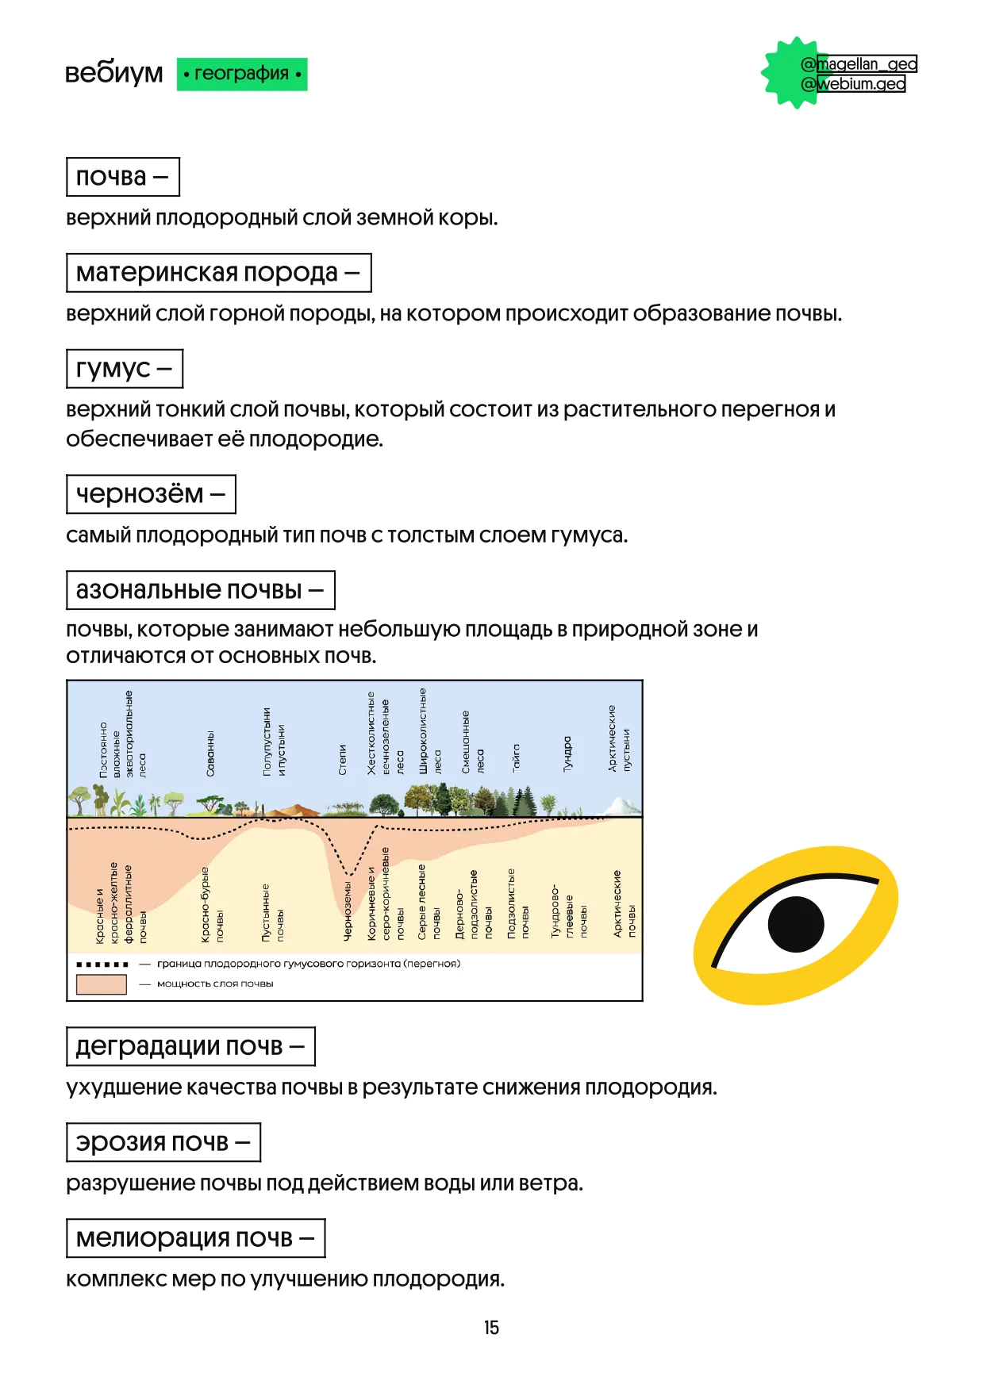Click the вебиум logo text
[x=113, y=73]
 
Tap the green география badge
[x=241, y=74]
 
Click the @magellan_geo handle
[x=859, y=63]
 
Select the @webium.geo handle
[x=854, y=83]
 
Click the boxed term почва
[x=122, y=177]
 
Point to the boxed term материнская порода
[x=218, y=273]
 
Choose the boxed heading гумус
[x=124, y=369]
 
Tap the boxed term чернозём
[x=151, y=494]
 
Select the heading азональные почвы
[x=200, y=590]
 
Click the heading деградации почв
[x=190, y=1046]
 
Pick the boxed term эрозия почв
[x=163, y=1142]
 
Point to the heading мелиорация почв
[x=195, y=1238]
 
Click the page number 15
[x=491, y=1328]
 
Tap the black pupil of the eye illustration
[x=796, y=924]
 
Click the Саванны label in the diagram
[x=210, y=754]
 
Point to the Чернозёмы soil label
[x=348, y=911]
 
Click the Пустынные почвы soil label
[x=273, y=912]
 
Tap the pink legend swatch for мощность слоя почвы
[x=101, y=984]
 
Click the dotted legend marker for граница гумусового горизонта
[x=102, y=964]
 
